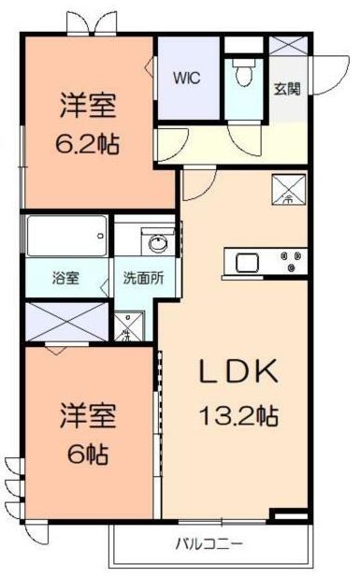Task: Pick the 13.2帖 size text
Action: click(238, 412)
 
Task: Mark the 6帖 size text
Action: click(87, 455)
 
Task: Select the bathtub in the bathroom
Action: click(65, 237)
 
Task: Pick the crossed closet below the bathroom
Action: click(65, 321)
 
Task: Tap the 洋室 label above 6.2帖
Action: click(90, 106)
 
